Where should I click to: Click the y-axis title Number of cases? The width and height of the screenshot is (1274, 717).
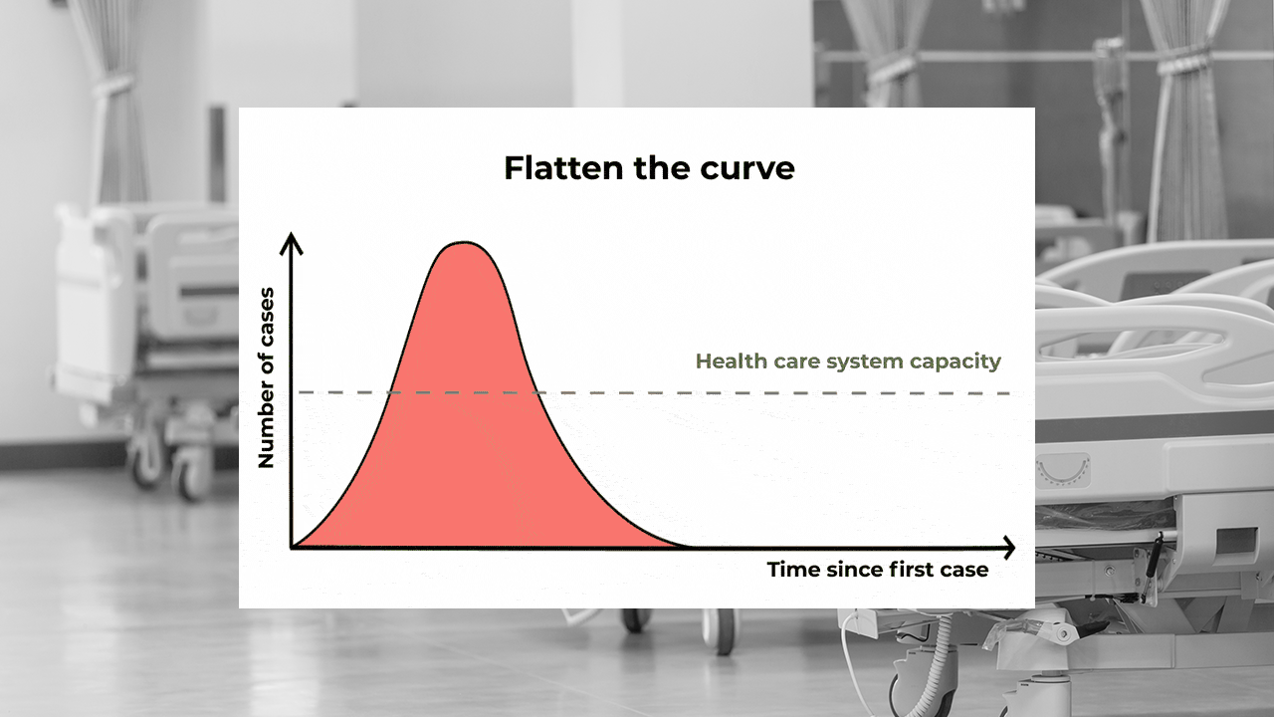coord(266,377)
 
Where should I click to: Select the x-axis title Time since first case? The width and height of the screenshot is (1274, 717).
coord(877,570)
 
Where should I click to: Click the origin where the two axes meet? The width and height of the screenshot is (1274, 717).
coord(292,547)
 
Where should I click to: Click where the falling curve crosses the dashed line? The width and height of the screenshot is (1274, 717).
coord(538,392)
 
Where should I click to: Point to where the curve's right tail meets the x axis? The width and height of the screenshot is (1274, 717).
coord(685,546)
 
